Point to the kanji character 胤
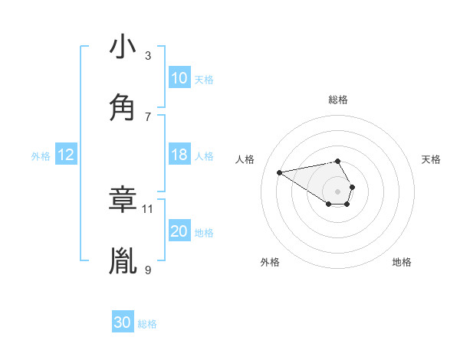123,260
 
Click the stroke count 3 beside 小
148,55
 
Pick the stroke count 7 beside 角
148,116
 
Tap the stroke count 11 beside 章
148,208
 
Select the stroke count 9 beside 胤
148,270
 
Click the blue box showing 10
179,78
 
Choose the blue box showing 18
179,155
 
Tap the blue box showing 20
179,231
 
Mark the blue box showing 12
66,155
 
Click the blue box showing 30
123,323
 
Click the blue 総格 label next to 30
148,324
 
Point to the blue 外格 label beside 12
41,155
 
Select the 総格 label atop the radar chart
338,100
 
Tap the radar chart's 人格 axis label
245,159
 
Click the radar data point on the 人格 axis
280,172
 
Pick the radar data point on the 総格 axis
338,161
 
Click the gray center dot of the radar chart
338,191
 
